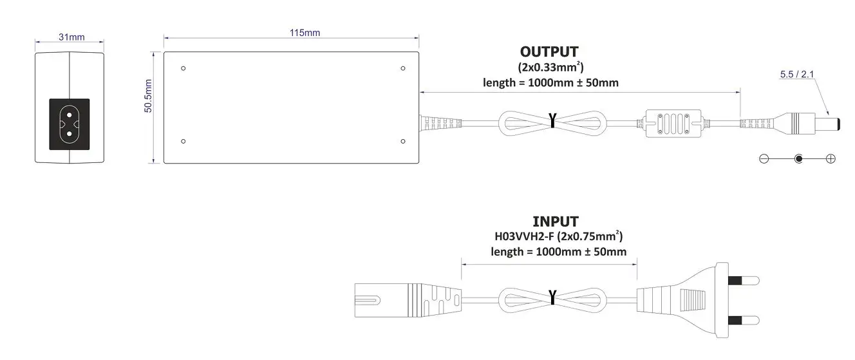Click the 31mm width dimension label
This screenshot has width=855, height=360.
71,37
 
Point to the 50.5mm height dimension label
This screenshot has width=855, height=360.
148,96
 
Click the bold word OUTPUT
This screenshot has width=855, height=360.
549,52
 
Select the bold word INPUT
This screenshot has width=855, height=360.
555,222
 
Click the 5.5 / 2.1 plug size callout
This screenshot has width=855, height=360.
796,75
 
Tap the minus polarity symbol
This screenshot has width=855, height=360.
764,158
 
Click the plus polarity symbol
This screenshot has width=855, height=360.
831,158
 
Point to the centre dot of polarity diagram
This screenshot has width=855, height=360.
798,158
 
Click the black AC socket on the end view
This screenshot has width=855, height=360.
70,124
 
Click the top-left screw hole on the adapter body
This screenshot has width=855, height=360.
184,68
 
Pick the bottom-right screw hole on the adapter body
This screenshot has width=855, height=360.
402,142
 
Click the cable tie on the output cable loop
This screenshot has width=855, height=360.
552,120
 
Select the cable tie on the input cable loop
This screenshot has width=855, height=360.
552,296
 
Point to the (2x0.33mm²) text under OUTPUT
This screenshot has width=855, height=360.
550,67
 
